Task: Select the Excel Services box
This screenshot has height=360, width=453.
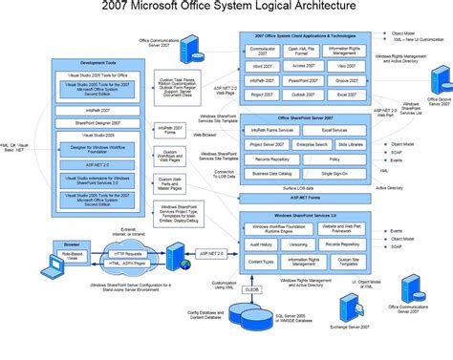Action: click(334, 130)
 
